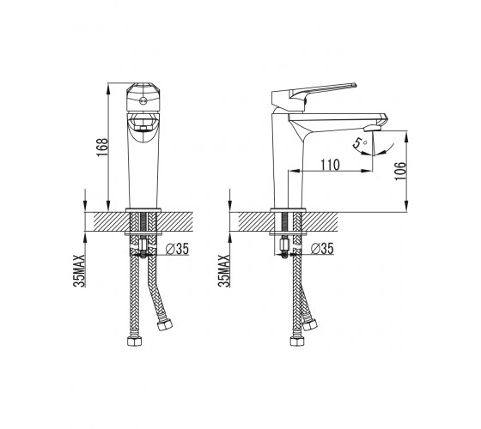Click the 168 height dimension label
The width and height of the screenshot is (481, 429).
[x=102, y=147]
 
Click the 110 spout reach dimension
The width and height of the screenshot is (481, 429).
[x=331, y=165]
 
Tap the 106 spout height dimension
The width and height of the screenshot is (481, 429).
[x=400, y=171]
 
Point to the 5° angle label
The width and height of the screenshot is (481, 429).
[x=360, y=144]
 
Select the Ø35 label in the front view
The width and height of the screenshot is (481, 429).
[x=177, y=249]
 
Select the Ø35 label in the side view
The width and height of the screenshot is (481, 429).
[x=322, y=249]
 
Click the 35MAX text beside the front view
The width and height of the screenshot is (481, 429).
[x=79, y=270]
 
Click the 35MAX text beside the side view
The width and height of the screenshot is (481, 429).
[x=223, y=270]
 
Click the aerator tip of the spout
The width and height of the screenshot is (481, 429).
[x=372, y=129]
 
